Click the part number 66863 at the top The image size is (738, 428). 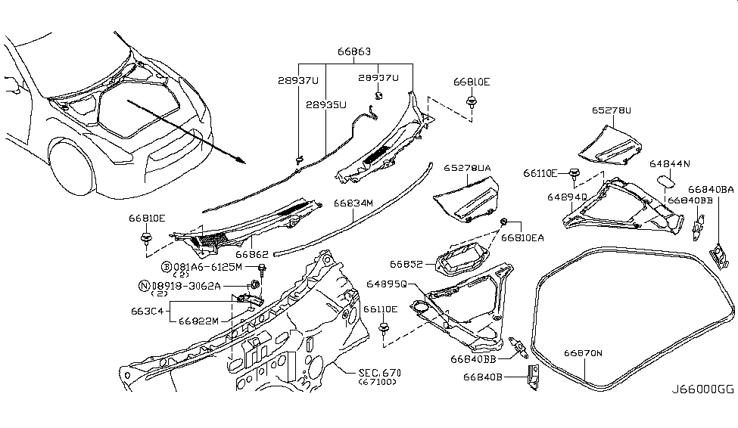pyautogui.click(x=354, y=52)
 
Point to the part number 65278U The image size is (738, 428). pyautogui.click(x=611, y=110)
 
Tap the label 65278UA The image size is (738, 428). pyautogui.click(x=467, y=167)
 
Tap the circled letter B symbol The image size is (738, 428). pyautogui.click(x=166, y=267)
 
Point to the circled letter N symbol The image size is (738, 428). pyautogui.click(x=143, y=286)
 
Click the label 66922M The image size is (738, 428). pyautogui.click(x=198, y=320)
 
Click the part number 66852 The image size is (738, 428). pyautogui.click(x=406, y=264)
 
